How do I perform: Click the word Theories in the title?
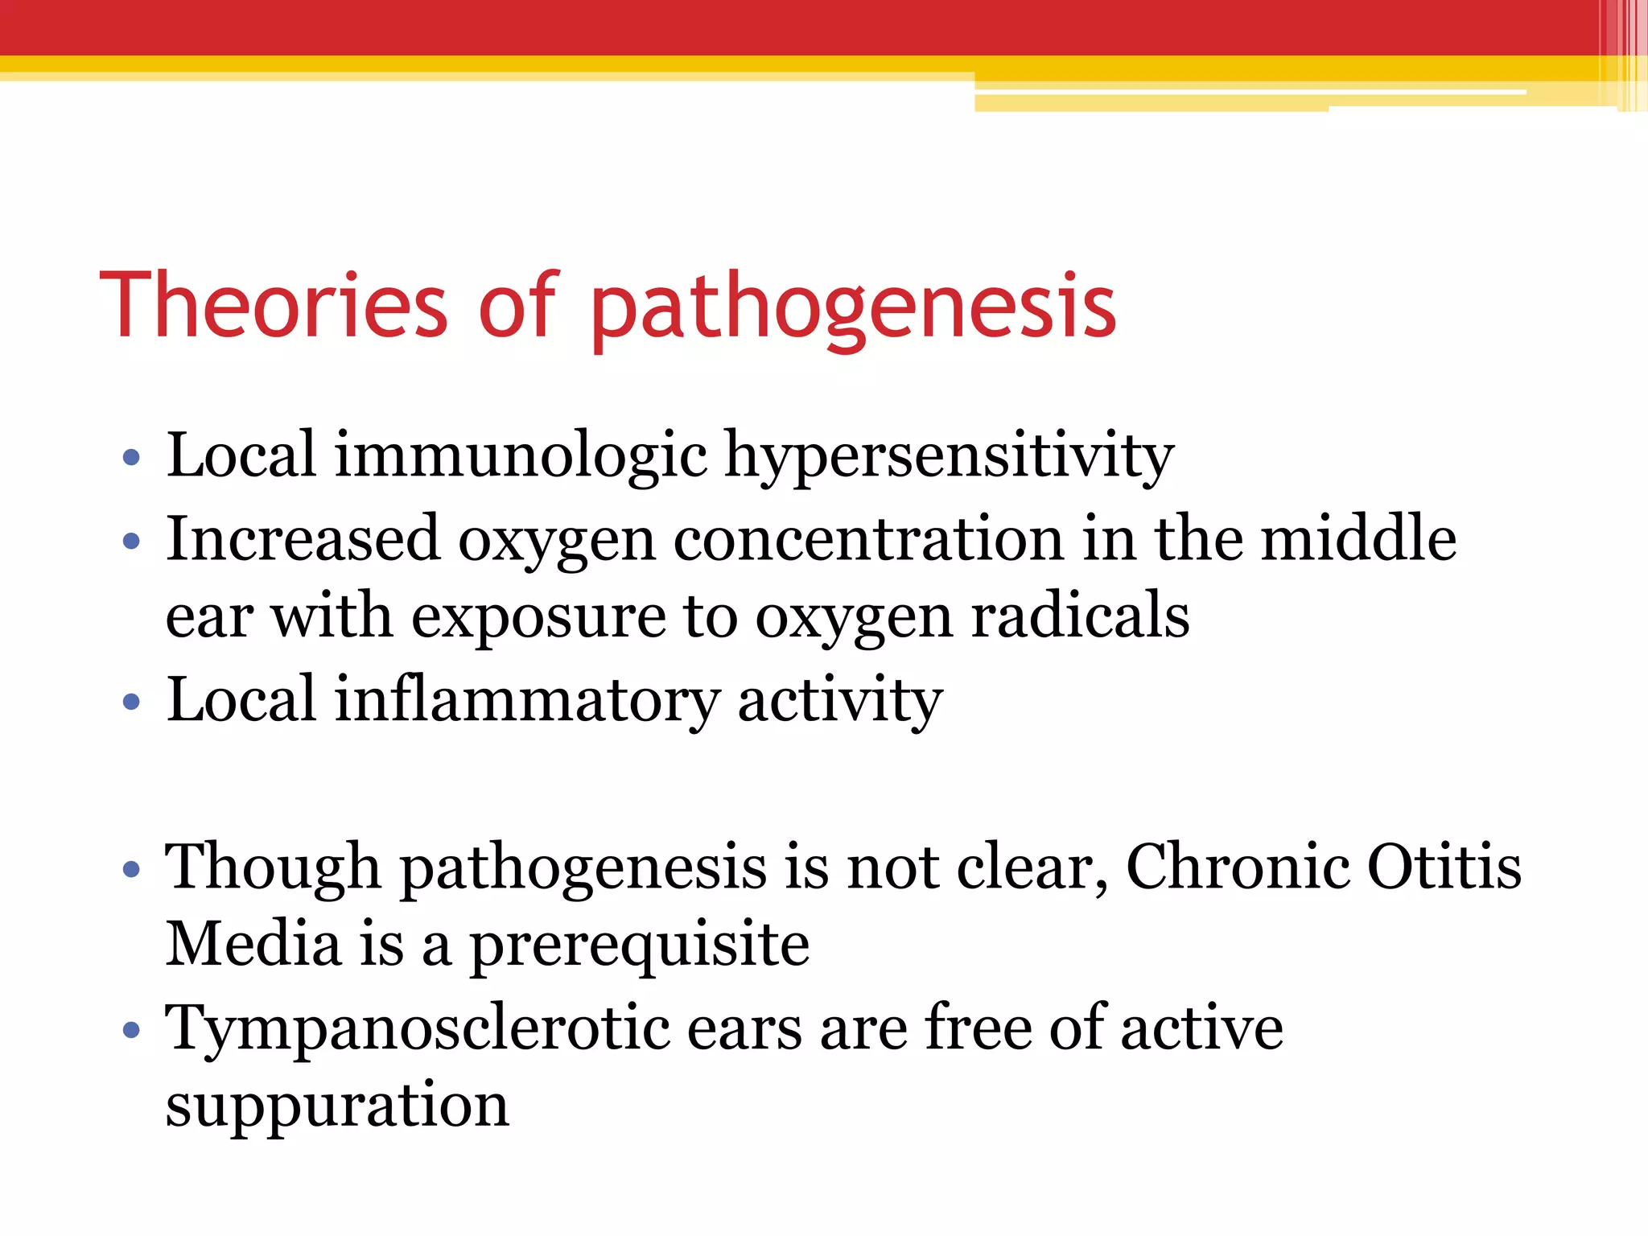point(274,306)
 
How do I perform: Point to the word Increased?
point(303,539)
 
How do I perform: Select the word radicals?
point(1080,616)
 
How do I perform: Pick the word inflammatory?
point(526,700)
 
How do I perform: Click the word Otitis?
point(1444,867)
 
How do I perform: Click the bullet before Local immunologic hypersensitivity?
point(131,459)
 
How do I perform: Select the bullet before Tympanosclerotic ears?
point(131,1030)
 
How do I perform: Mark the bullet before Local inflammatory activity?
point(131,702)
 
